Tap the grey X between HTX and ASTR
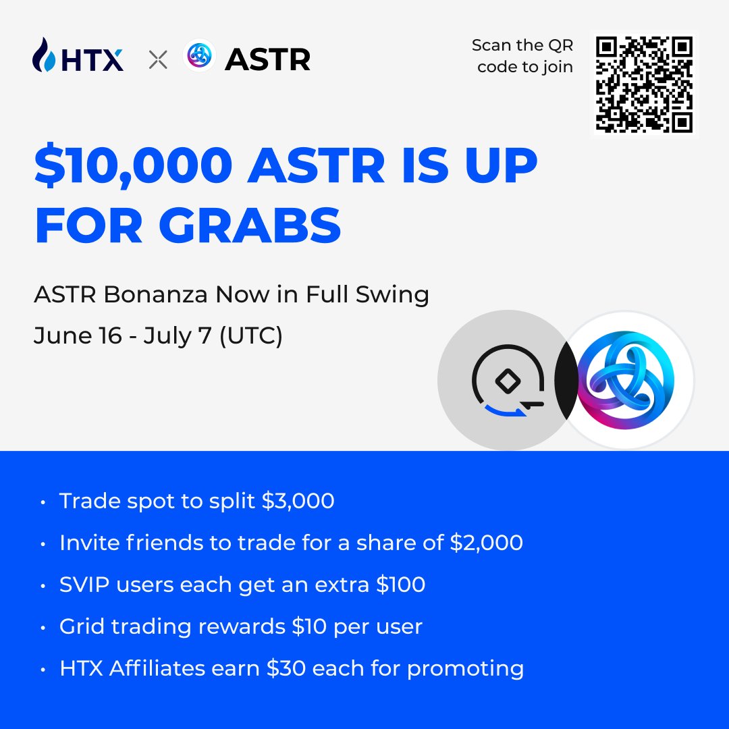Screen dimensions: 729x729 coord(158,59)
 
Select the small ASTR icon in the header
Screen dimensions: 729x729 coord(199,55)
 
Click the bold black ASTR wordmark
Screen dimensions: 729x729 coord(268,59)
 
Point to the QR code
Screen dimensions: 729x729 coord(645,84)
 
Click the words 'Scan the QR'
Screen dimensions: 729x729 coord(522,45)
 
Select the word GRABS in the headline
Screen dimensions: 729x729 coord(250,225)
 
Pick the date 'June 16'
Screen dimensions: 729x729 coord(78,335)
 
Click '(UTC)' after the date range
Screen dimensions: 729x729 coord(251,335)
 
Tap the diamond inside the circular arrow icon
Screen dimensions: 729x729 coord(508,381)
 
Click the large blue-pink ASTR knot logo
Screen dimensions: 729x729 coord(625,380)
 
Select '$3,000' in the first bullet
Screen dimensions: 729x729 coord(298,501)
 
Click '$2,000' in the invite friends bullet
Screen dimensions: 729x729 coord(486,543)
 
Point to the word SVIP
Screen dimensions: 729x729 coord(84,585)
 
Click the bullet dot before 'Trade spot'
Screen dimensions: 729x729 coord(43,502)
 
